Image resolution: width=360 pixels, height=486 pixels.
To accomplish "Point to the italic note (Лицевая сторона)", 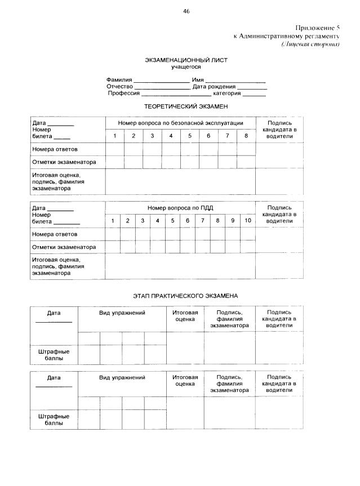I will click(311, 43).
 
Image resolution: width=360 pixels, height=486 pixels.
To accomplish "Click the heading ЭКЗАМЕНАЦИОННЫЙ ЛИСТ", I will click(186, 60).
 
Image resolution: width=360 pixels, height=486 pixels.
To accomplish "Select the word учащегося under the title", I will click(186, 67).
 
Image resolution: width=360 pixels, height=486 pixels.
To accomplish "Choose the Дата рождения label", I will click(214, 87).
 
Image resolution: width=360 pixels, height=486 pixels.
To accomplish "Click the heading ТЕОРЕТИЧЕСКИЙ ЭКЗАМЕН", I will click(186, 106).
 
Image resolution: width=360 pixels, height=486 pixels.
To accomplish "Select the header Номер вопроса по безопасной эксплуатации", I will click(180, 123).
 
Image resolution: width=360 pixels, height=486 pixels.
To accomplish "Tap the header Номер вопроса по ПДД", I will click(180, 208).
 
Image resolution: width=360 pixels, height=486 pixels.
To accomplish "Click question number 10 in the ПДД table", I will click(248, 221).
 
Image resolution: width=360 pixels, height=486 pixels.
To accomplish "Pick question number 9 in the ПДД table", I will click(233, 221).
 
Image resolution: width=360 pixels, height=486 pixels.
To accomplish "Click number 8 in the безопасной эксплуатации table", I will click(246, 136).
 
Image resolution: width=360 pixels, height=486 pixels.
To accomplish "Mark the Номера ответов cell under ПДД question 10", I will click(248, 234).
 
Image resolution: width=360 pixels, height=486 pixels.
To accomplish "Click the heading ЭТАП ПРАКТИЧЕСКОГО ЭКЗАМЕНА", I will click(186, 295).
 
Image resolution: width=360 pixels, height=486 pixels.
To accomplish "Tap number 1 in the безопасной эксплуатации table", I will click(115, 136).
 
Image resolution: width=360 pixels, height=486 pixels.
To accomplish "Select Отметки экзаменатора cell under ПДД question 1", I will click(113, 247).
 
